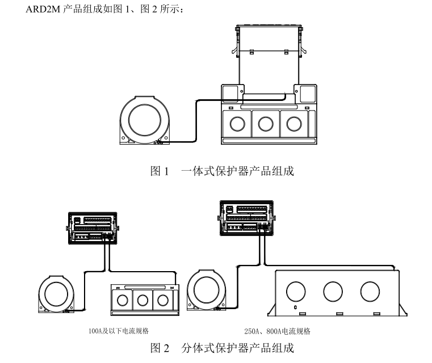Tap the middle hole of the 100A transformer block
pos(142,300)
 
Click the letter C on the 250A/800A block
pos(296,307)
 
